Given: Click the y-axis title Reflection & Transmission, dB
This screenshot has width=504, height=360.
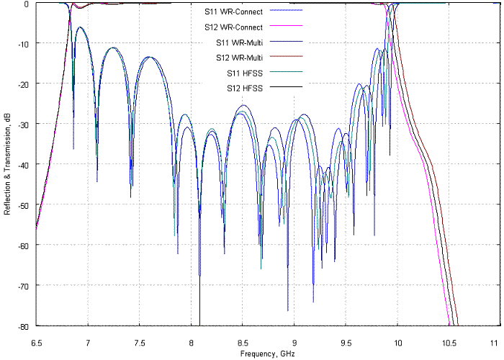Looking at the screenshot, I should click(x=7, y=164).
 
